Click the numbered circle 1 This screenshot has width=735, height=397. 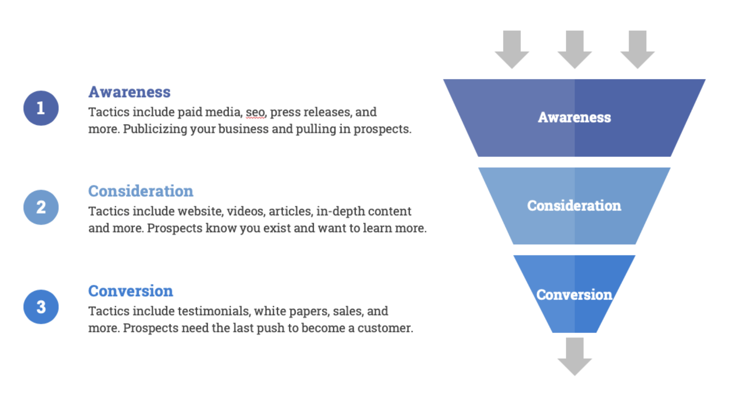(x=41, y=108)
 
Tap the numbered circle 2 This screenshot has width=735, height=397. (x=41, y=207)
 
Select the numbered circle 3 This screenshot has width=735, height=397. (x=41, y=307)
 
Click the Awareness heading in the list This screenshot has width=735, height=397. (x=129, y=92)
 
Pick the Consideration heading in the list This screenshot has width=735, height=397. (x=141, y=191)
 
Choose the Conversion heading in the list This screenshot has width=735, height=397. (x=131, y=291)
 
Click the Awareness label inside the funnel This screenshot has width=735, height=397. (x=574, y=118)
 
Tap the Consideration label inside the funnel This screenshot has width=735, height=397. (x=574, y=206)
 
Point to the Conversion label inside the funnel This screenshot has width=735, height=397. (x=574, y=295)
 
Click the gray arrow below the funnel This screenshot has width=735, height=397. (x=574, y=356)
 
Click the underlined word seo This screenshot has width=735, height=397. (x=255, y=112)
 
